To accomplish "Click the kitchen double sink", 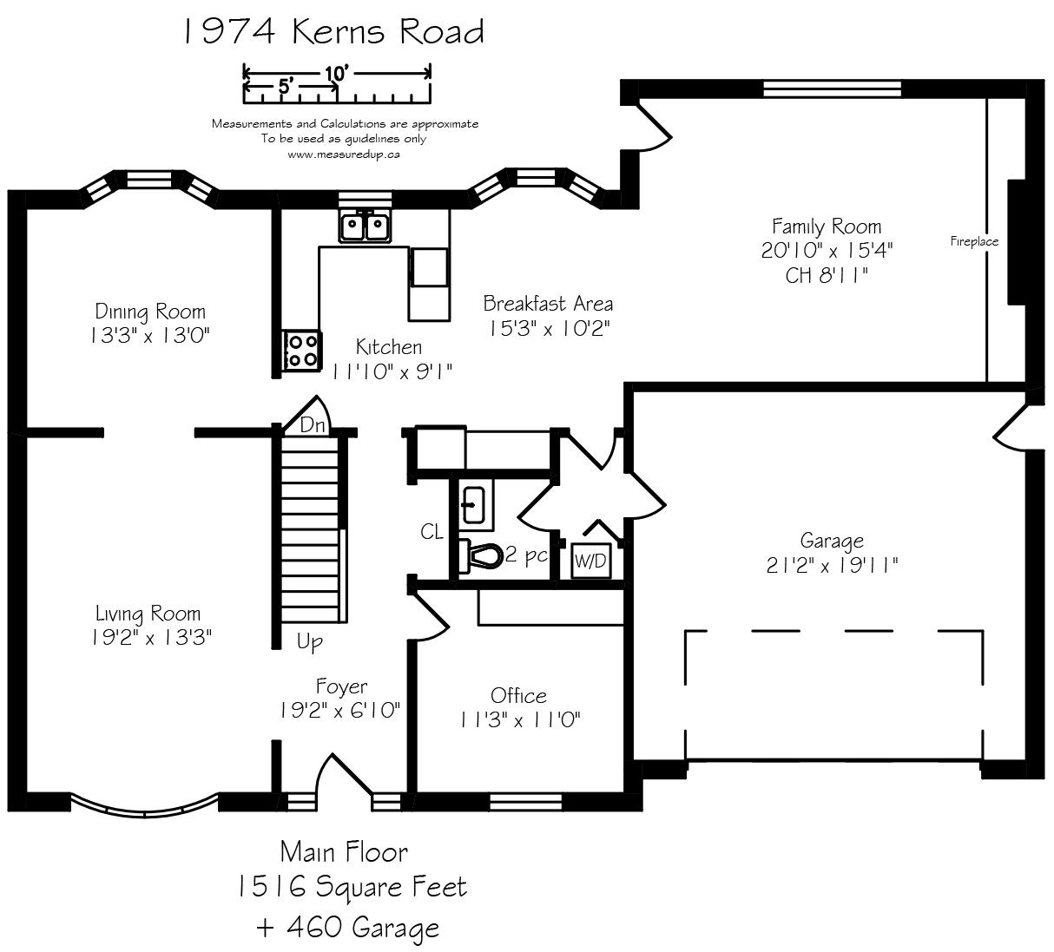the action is (x=364, y=227).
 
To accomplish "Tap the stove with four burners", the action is (x=302, y=351).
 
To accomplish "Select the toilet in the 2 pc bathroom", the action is (x=480, y=556).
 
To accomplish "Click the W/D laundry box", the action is (x=591, y=561).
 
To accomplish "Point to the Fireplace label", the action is (x=974, y=241).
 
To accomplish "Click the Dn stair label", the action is (x=313, y=424).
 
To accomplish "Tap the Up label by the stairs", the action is (x=309, y=642).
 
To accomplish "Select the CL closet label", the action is (x=431, y=532).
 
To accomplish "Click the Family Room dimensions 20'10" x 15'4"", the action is (x=827, y=251).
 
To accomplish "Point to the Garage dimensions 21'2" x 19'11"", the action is (x=832, y=565).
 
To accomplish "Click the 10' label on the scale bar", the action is (x=337, y=74).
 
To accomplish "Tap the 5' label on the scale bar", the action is (x=286, y=86).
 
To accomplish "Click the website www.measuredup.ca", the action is (x=344, y=154).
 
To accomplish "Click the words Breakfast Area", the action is (x=548, y=304).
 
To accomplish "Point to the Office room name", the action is (x=518, y=696).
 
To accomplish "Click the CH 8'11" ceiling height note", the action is (x=827, y=275).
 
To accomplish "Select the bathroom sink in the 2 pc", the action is (x=474, y=505).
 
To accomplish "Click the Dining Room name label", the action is (x=150, y=312).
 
